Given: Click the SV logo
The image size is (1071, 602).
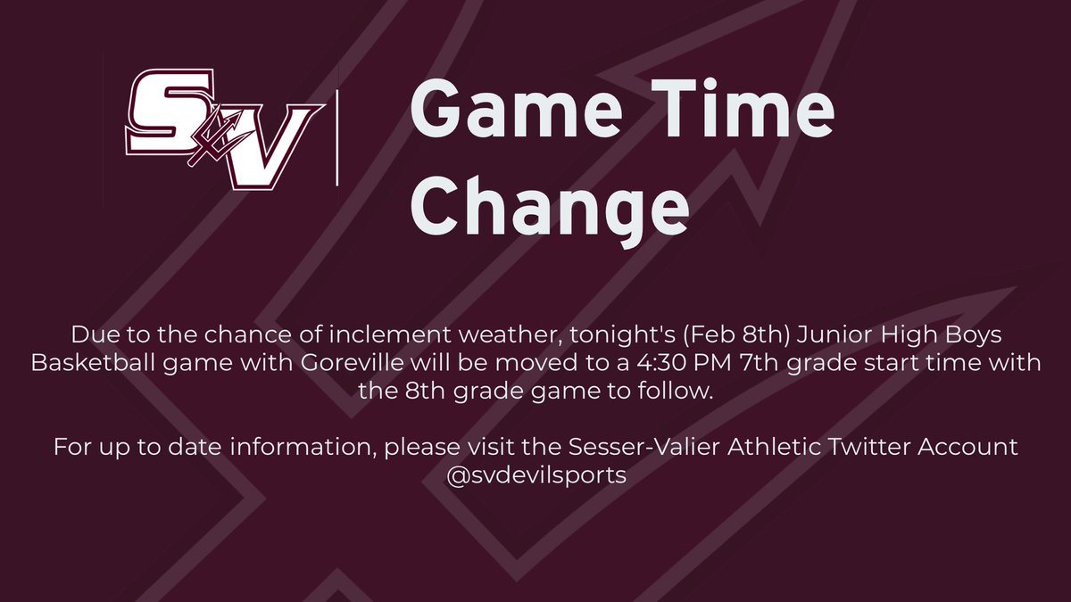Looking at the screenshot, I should [x=223, y=128].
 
